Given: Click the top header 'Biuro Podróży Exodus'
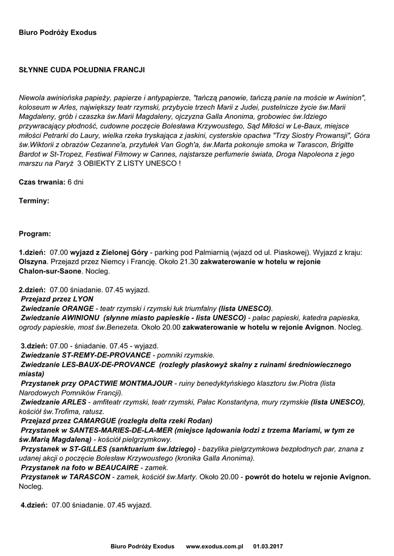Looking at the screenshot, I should pos(57,33).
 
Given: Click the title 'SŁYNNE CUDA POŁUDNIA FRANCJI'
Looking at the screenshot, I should pos(82,70).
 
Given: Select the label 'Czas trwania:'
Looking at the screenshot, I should pos(42,182).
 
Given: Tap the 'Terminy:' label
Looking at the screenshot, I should pos(34,201).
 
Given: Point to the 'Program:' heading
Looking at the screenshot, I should pos(35,234).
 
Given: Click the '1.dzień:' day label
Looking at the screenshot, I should pos(33,252).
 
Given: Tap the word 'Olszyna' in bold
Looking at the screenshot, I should pos(33,261).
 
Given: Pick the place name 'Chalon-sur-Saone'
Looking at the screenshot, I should pos(50,270).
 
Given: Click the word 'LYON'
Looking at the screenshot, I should pos(83,299).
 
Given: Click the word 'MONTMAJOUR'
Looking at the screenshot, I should pos(145,383).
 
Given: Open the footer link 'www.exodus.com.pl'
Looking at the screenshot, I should pos(214,546).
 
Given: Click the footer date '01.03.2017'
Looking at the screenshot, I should pos(268,546).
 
